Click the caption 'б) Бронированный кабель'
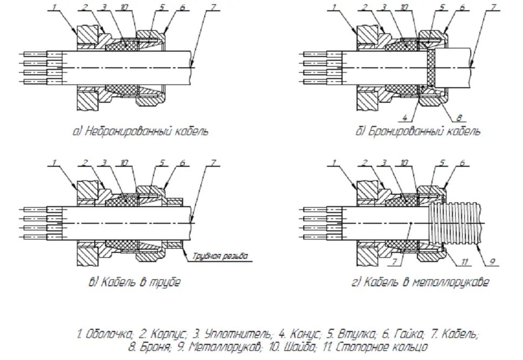[417, 131]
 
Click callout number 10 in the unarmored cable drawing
[124, 7]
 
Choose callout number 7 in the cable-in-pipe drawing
[214, 162]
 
